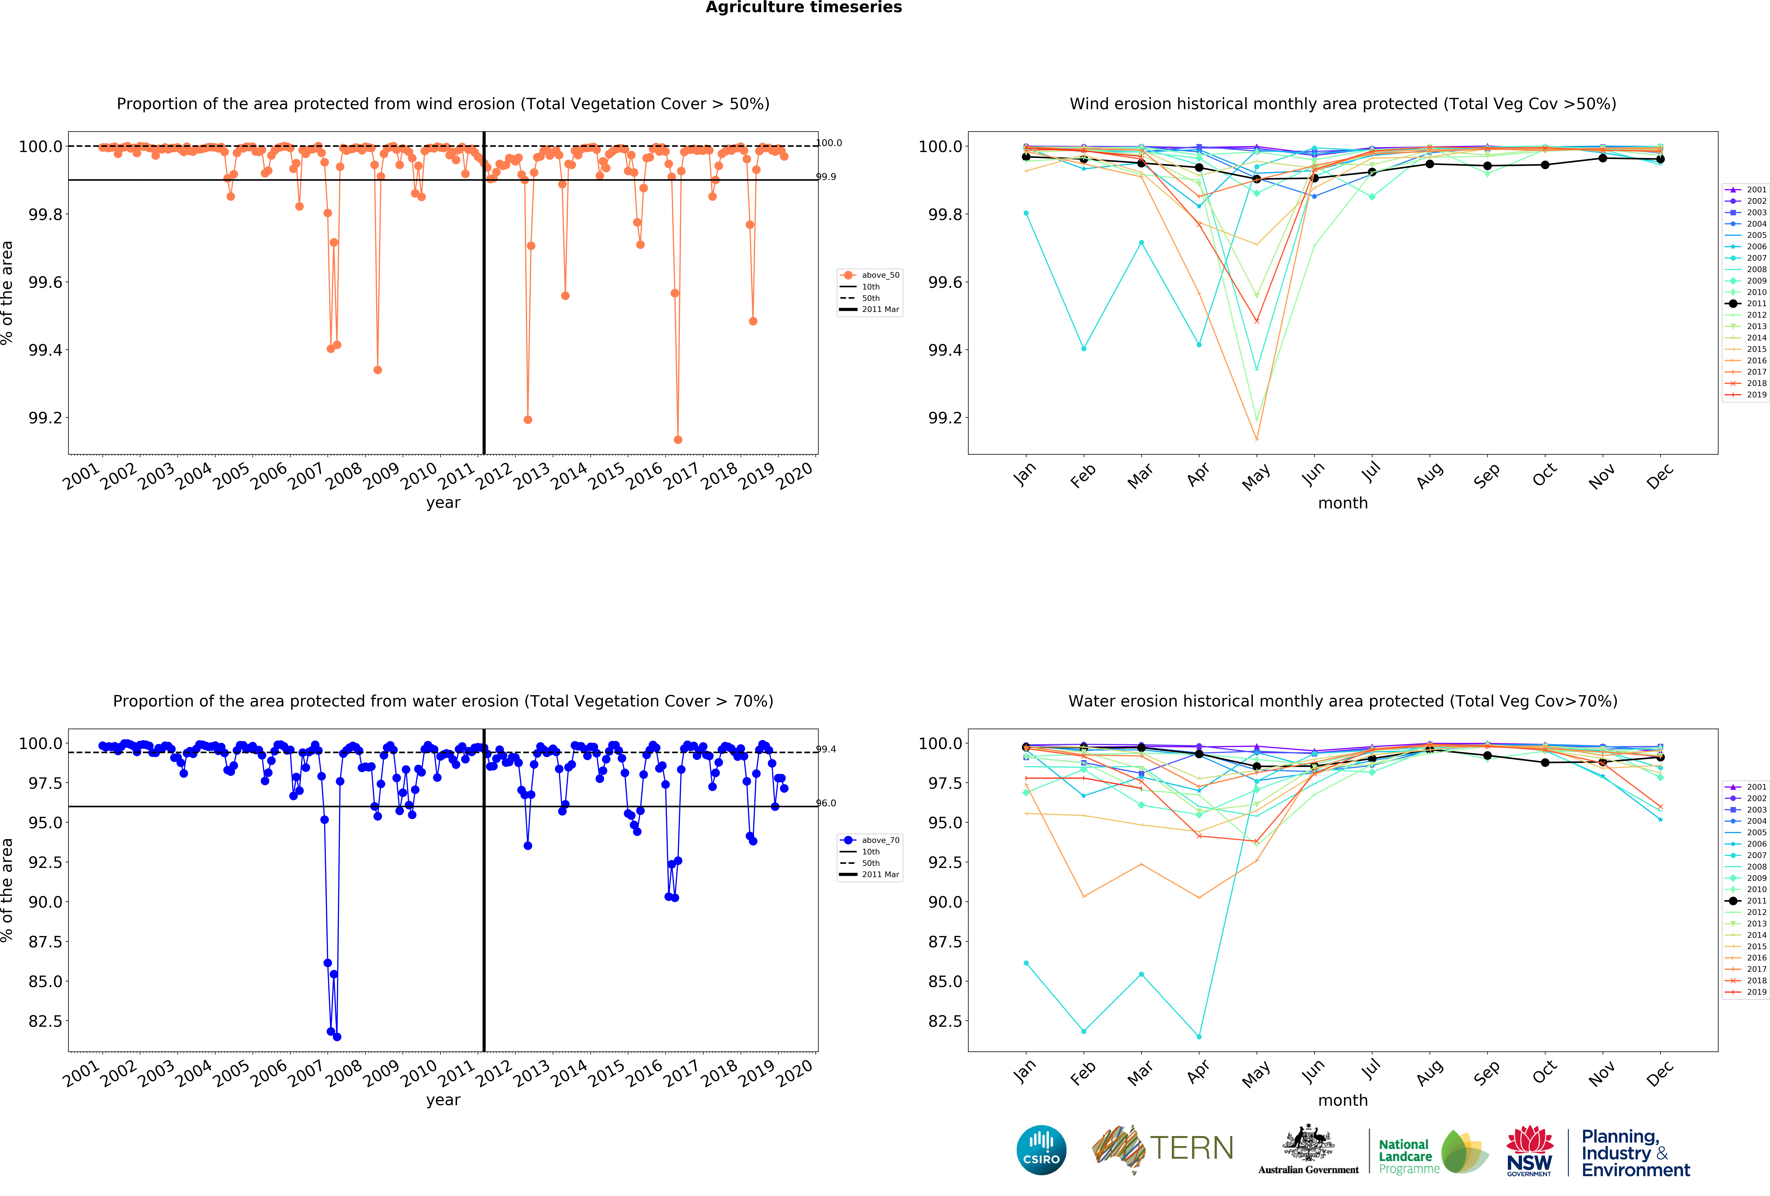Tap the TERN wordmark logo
point(1163,1149)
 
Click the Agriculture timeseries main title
point(803,8)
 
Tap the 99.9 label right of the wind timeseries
point(826,177)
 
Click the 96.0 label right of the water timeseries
point(826,803)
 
